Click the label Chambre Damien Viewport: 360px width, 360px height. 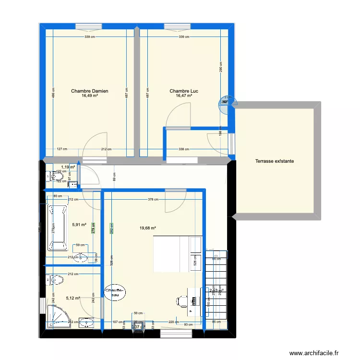[x=89, y=91]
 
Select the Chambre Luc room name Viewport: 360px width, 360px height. [x=184, y=91]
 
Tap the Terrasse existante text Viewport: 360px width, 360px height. [x=275, y=161]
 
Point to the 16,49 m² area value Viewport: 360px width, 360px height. [x=89, y=96]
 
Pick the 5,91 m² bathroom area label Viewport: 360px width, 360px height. [x=79, y=224]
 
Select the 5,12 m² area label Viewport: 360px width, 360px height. [x=72, y=298]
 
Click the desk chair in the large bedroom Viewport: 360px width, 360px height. [x=181, y=301]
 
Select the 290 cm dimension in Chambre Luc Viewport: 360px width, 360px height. [x=220, y=67]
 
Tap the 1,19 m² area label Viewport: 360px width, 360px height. [x=68, y=167]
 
